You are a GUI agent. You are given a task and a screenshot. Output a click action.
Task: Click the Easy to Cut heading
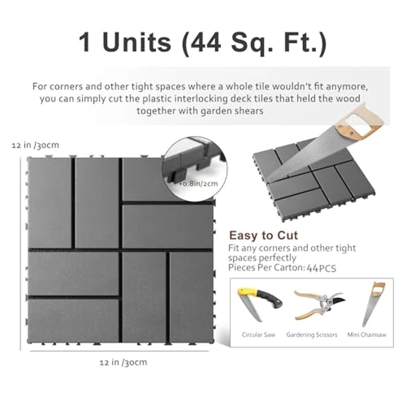click(x=263, y=235)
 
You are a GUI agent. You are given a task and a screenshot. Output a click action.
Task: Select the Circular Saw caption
click(x=258, y=335)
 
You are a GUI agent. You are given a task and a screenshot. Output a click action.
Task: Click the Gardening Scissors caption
click(x=311, y=335)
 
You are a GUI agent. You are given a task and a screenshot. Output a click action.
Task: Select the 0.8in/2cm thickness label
click(x=199, y=183)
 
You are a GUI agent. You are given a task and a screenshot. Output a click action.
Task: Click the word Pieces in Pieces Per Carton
click(x=242, y=268)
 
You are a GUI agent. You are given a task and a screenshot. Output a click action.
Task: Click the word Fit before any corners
click(x=235, y=248)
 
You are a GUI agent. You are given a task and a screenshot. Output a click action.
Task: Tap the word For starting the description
click(x=41, y=86)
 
